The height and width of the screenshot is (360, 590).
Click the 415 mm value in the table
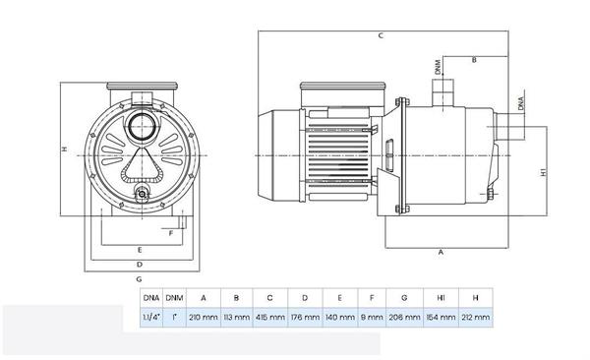point(269,319)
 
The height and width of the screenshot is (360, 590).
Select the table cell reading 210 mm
point(204,319)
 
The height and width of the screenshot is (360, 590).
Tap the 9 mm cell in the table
point(371,319)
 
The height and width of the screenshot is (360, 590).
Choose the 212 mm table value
point(475,319)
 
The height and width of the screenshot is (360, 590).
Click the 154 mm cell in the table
point(441,319)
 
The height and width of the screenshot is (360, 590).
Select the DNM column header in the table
point(174,297)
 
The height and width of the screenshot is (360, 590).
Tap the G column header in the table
point(405,297)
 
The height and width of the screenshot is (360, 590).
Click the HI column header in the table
point(441,297)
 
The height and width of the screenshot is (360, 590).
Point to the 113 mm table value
point(236,319)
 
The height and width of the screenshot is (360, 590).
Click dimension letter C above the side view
point(380,35)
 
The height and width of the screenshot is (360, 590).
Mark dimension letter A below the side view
point(440,252)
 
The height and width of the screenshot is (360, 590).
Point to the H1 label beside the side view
point(544,173)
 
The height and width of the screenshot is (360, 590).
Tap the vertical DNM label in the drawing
point(437,68)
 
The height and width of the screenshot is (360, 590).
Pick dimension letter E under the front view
point(141,249)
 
